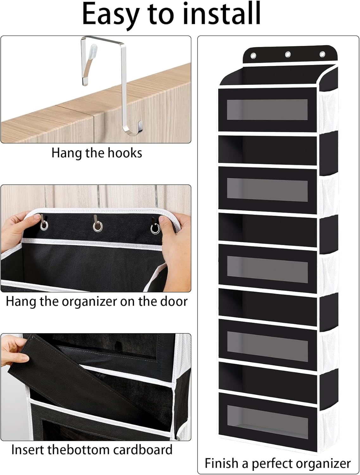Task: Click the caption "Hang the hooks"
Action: [97, 153]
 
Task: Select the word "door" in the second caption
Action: [174, 301]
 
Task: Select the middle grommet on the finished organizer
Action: [288, 55]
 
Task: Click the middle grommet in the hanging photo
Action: [98, 226]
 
